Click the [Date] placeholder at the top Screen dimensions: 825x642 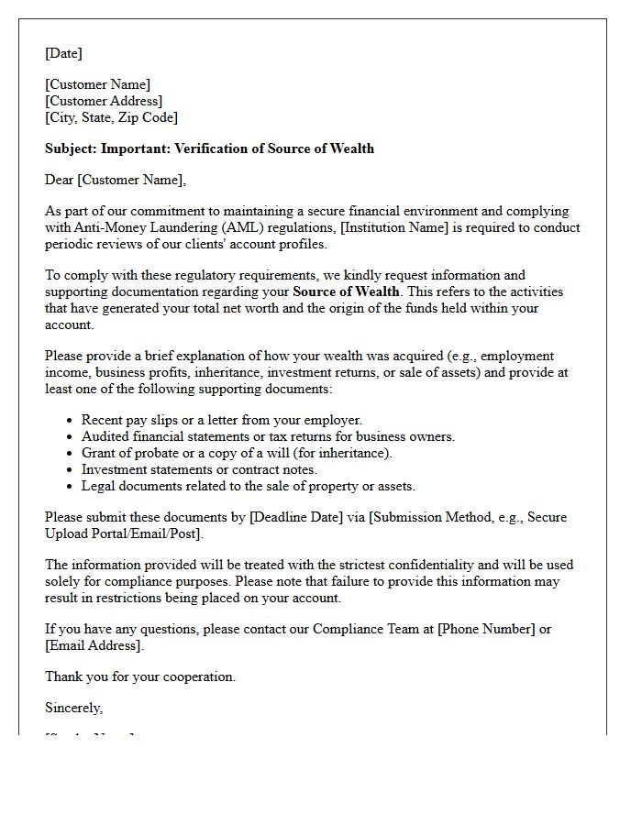pos(63,53)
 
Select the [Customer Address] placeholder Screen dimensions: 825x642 pos(104,101)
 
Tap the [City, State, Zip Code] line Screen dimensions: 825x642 pos(111,117)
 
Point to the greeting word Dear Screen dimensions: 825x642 pos(60,180)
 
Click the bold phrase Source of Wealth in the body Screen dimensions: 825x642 pos(346,291)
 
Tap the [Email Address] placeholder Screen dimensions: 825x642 pos(94,645)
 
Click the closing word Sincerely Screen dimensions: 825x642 pos(73,708)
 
